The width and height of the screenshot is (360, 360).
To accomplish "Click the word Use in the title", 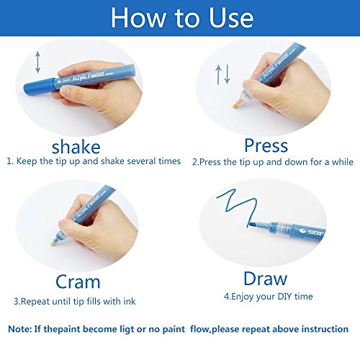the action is point(231,18).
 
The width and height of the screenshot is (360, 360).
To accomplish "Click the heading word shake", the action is point(76,147).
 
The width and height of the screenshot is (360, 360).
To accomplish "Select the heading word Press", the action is point(266,145).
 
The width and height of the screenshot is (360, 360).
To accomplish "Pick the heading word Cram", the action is point(78,282).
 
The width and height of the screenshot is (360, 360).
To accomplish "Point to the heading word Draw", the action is point(265,279).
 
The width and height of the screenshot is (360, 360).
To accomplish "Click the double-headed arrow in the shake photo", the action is point(37,62).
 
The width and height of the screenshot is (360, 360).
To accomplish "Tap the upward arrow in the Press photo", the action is point(218,75).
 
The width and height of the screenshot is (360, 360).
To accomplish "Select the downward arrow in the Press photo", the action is point(227,74).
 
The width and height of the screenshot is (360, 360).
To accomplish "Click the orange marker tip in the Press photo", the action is point(236,105).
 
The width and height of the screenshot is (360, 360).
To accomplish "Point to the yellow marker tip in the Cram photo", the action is point(53,244).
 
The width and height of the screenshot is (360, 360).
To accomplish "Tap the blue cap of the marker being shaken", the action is point(39,86).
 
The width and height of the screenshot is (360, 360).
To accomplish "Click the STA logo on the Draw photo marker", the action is point(312,232).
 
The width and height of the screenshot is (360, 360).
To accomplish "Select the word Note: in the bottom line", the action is point(19,329).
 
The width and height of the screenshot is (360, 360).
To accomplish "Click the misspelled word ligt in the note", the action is point(127,329).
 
